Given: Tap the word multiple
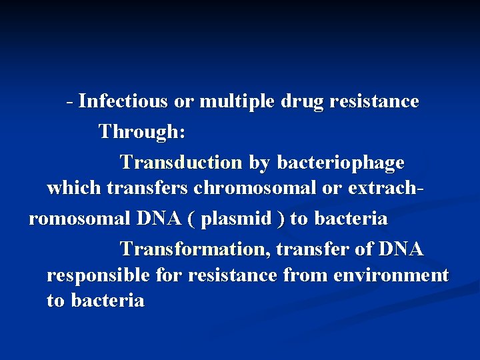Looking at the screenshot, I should click(237, 101).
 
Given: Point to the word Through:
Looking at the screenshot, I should click(142, 131).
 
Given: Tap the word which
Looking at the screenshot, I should click(73, 189).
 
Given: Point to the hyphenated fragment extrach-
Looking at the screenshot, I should click(385, 189).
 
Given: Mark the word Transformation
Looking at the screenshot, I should click(195, 249).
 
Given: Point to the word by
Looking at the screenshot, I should click(260, 162).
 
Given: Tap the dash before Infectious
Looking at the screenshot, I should click(70, 101).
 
